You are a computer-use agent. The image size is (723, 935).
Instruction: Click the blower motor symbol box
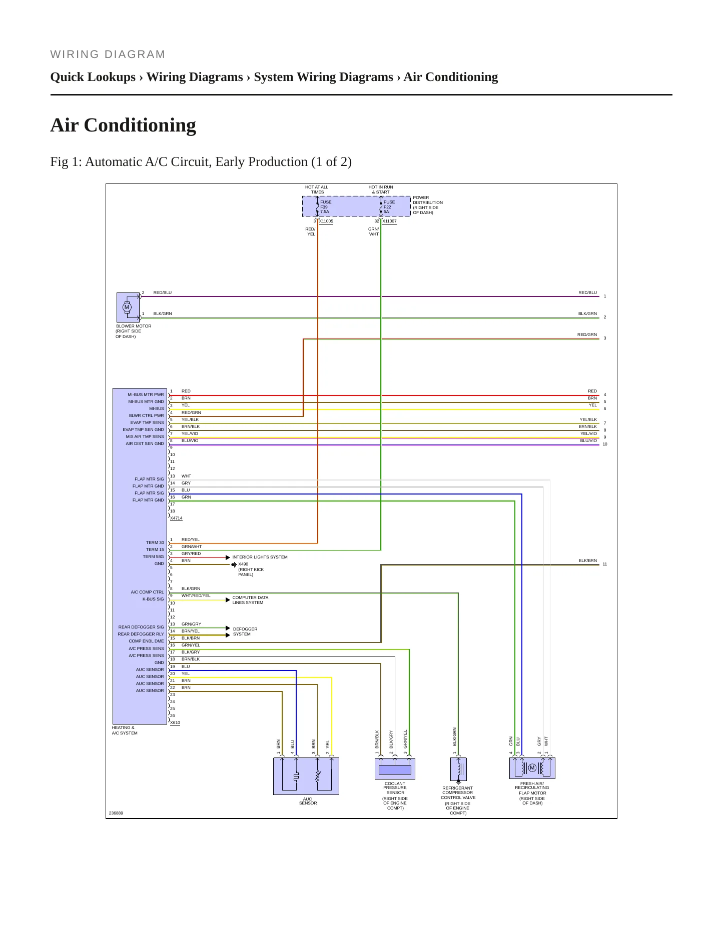128,307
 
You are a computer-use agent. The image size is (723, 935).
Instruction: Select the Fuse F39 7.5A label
326,207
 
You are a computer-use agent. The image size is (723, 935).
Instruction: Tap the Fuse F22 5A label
389,207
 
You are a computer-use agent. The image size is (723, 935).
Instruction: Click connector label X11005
326,221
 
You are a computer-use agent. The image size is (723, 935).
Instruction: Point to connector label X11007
389,221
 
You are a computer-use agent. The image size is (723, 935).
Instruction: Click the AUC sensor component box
306,776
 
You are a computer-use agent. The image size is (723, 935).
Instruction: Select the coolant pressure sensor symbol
395,768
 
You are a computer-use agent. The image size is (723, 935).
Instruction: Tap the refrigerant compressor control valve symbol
459,769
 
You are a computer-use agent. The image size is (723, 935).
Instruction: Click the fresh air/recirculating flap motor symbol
532,768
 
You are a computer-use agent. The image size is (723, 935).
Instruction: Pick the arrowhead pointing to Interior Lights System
228,557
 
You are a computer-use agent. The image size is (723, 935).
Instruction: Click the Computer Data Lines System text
250,600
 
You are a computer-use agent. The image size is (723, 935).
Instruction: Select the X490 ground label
243,564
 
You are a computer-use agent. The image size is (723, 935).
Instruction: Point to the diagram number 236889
116,813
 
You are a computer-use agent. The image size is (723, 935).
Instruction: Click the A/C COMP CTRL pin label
148,592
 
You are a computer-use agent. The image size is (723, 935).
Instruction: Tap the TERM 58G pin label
154,556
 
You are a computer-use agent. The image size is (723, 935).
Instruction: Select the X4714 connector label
176,518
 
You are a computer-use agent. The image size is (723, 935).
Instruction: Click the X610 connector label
175,722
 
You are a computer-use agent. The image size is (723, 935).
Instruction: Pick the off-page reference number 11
605,564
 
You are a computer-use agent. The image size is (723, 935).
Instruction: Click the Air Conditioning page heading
123,125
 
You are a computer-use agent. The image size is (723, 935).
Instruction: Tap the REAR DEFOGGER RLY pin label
141,634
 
